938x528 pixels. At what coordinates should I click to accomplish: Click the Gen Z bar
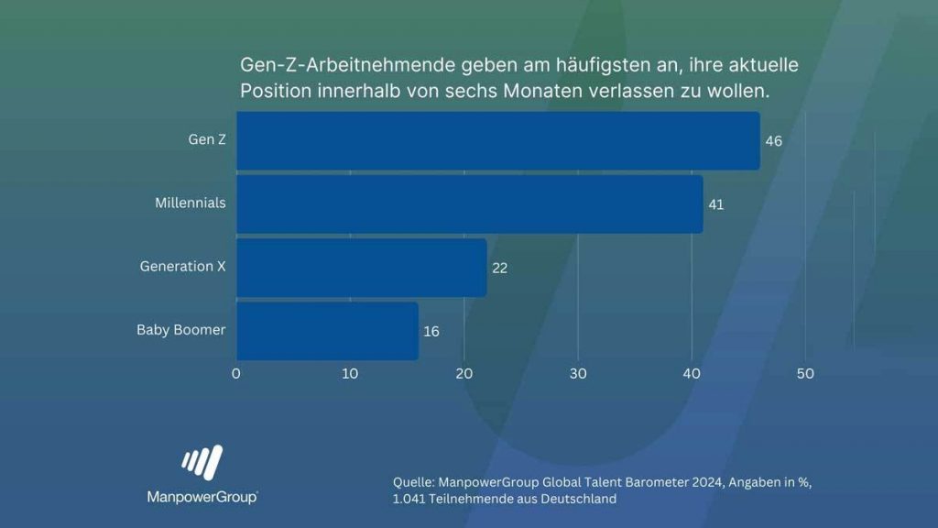point(497,140)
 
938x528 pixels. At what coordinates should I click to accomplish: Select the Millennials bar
point(469,203)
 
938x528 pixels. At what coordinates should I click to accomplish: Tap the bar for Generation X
point(361,267)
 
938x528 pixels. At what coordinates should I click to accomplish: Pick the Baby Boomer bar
point(327,331)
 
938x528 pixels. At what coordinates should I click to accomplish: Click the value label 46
point(774,141)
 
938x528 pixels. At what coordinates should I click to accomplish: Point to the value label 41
point(716,204)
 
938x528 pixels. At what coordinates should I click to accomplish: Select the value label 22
point(499,268)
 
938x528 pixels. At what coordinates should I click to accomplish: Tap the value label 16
point(431,331)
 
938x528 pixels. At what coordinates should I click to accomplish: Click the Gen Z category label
point(207,140)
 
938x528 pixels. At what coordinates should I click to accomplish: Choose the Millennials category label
point(190,203)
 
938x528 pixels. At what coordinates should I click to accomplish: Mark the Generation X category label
point(182,267)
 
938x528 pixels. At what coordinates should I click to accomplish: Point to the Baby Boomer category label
point(180,330)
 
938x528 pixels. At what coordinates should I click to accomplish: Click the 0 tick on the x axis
point(236,374)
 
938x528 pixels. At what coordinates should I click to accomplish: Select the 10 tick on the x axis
point(350,374)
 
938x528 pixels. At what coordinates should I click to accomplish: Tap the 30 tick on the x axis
point(578,374)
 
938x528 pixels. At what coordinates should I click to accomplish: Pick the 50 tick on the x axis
point(805,374)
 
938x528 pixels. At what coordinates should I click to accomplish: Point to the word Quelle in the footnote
point(413,482)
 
